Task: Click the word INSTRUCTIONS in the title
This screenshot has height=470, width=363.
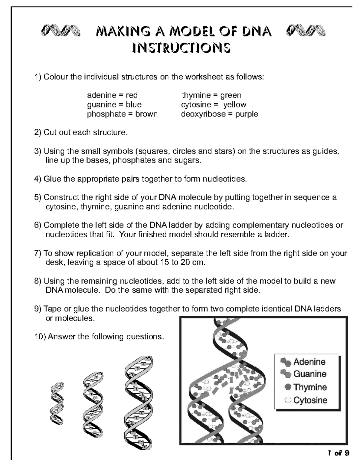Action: (181, 48)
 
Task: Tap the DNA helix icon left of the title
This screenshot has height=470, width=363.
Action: (61, 31)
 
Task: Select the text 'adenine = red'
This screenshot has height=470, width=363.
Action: (112, 95)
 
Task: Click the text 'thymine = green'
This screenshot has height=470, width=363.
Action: (211, 95)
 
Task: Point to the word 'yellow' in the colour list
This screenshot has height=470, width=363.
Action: (235, 105)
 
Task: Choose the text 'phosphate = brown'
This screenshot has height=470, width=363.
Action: (122, 114)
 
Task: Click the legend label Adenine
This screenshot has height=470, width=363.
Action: (309, 362)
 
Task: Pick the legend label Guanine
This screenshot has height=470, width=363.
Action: (310, 374)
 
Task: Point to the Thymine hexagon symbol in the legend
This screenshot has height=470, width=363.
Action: (288, 387)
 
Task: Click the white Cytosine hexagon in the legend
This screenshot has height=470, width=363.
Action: (288, 400)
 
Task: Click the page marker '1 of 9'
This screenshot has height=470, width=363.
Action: (338, 453)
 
